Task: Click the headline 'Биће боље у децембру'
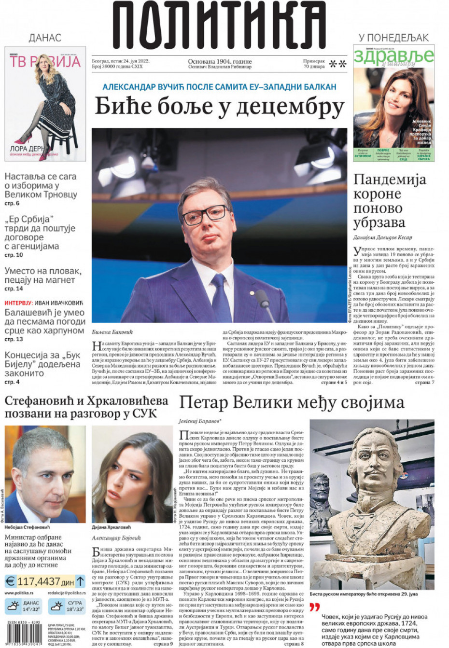pos(219,106)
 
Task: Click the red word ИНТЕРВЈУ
pos(18,303)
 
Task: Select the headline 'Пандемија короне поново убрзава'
pos(390,201)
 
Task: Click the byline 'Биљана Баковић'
pos(112,332)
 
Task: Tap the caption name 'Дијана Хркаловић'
pos(112,527)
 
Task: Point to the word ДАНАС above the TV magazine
pos(45,38)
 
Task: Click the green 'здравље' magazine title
pos(393,56)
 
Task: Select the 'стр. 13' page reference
pos(14,339)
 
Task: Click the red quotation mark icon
pos(314,607)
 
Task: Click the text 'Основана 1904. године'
pos(220,62)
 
